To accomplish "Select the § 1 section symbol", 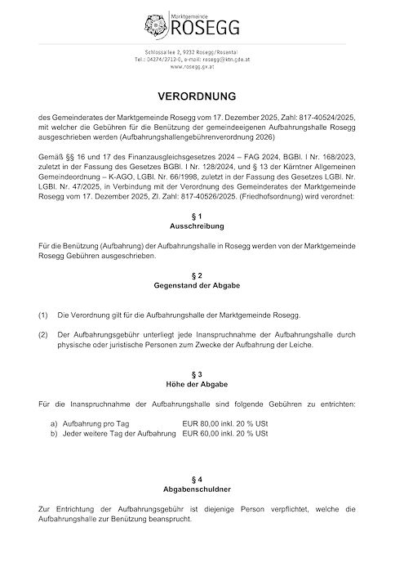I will tap(201, 215).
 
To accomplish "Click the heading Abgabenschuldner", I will tap(201, 489).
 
